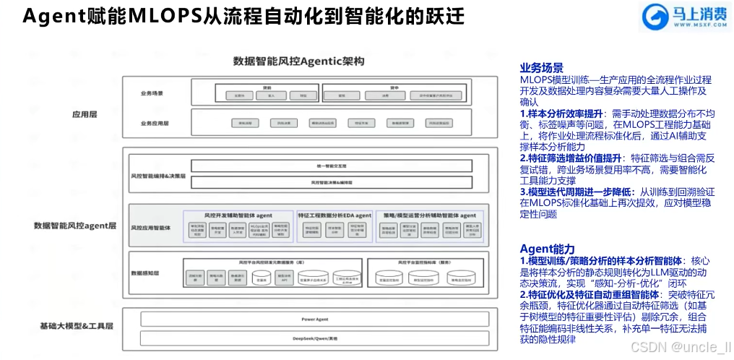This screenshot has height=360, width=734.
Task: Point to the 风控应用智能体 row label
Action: click(x=150, y=228)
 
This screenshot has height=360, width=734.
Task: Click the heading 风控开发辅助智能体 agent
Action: click(x=238, y=215)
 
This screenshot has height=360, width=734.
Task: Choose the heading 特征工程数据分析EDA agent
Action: click(x=334, y=215)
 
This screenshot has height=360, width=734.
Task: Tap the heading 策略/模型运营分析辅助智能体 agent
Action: click(x=428, y=215)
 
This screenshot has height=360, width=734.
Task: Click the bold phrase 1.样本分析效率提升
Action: click(x=564, y=113)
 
